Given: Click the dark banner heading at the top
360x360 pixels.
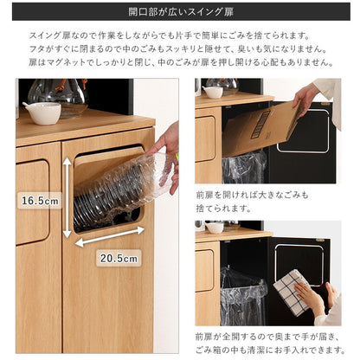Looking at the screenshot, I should click(x=179, y=15).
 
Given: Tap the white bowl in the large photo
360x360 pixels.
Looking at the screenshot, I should click(x=42, y=112).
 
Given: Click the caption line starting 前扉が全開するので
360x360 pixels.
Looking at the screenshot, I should click(x=268, y=335).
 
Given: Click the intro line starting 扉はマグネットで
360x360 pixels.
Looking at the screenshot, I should click(x=179, y=63).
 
